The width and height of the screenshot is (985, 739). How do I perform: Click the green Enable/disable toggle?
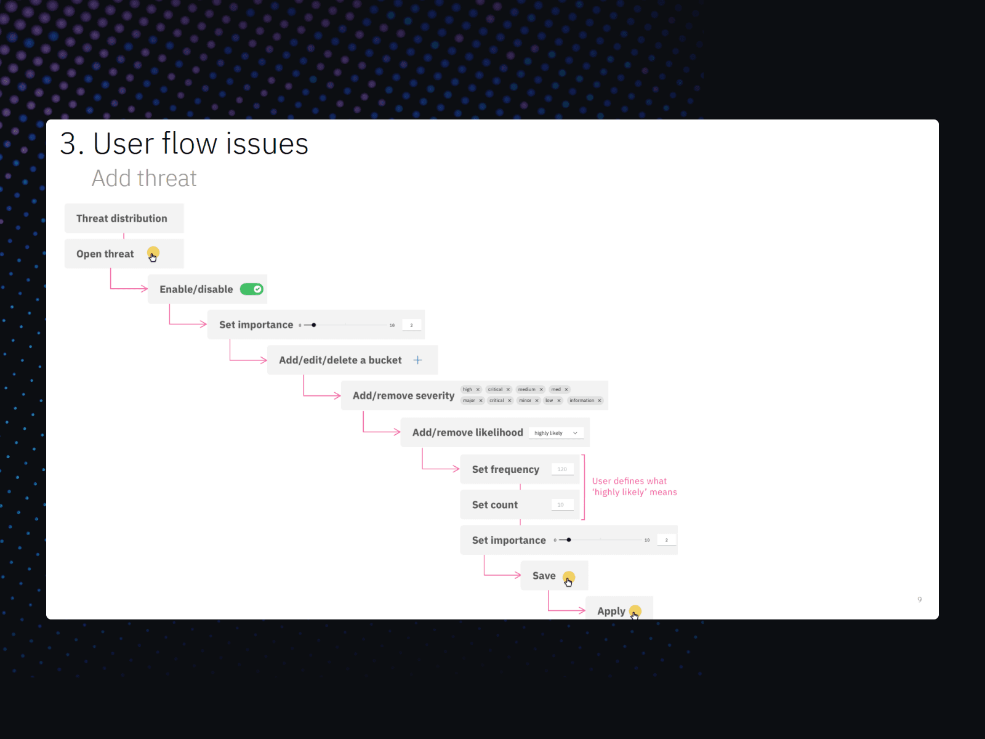[x=251, y=289]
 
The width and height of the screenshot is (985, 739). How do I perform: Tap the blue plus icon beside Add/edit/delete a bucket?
[x=417, y=360]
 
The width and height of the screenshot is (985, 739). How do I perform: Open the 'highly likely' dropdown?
[x=556, y=433]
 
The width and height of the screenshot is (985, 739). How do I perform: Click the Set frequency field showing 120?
[x=562, y=469]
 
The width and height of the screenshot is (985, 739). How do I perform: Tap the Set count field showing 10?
[x=561, y=505]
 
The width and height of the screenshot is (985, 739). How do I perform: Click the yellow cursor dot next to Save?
[x=569, y=577]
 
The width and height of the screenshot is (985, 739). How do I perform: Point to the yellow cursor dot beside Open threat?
[x=153, y=252]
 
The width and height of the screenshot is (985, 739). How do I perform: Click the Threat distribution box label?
[x=122, y=219]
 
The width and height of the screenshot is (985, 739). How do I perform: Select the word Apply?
[x=611, y=611]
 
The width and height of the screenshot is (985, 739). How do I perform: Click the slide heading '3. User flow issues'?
[x=184, y=144]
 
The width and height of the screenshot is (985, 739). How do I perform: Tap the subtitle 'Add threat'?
[x=144, y=179]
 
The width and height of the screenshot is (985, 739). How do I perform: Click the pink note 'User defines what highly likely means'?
[x=634, y=487]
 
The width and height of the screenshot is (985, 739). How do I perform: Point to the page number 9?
[x=920, y=599]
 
